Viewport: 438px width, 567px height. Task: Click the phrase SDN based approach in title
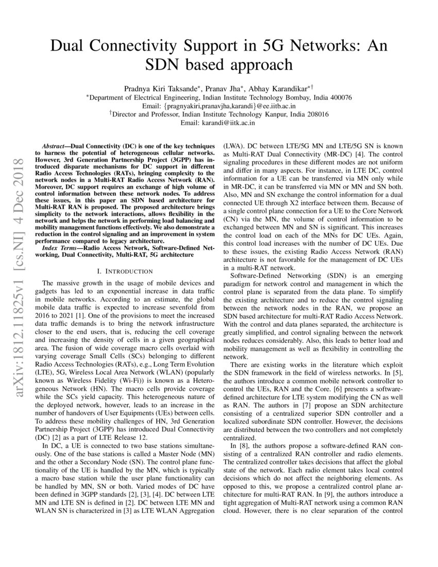click(x=218, y=65)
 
